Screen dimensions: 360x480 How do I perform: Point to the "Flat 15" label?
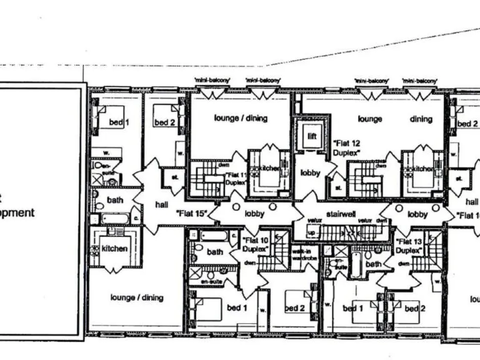coord(192,212)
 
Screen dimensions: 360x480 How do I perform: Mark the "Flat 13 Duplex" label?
coord(410,246)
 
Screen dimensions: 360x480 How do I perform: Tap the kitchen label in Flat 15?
coord(114,249)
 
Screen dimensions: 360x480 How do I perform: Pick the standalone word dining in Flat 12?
coord(421,119)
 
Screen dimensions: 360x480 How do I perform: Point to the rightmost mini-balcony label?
coord(418,81)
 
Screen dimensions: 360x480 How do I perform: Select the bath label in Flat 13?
coord(374,264)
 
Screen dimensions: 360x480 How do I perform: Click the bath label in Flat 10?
coord(215,252)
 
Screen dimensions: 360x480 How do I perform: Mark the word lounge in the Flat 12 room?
coord(369,119)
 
